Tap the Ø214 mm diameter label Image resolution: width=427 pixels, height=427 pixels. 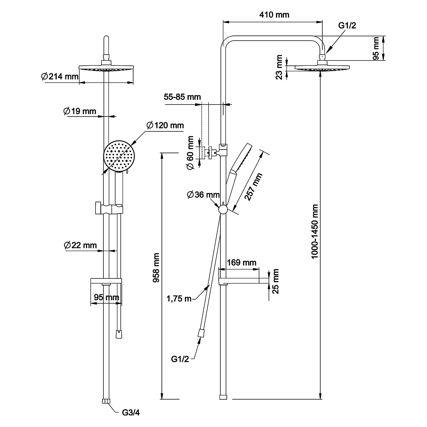[60, 77]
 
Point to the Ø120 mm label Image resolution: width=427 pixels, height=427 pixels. [165, 126]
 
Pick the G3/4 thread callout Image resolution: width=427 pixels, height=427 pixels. [131, 412]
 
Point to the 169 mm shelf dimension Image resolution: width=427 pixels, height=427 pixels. [241, 262]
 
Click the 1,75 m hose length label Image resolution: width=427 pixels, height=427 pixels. [179, 298]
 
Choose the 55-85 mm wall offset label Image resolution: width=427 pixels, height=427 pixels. [182, 97]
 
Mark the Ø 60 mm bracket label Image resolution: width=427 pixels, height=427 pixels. [190, 152]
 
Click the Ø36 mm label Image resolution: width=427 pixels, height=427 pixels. [203, 195]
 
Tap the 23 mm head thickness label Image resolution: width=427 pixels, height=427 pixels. [279, 67]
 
